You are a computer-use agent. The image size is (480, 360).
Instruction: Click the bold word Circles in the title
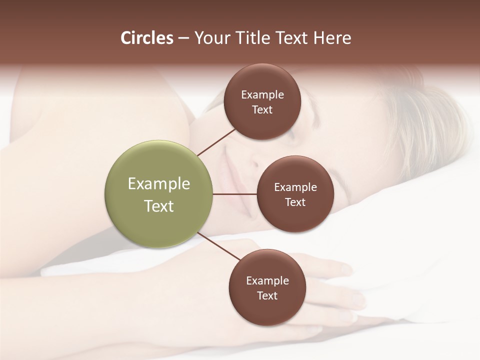coord(146,38)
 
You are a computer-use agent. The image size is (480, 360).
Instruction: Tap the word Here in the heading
coord(332,38)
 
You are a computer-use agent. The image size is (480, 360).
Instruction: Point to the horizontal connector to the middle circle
coord(234,194)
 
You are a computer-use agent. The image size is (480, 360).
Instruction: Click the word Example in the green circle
coord(159,184)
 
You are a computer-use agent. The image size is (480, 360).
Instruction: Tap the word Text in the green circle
coord(159,206)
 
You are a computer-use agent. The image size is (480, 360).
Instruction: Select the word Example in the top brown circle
coord(262,95)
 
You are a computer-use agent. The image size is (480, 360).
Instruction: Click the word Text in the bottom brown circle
coord(267,296)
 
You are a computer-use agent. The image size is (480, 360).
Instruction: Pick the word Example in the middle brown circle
coord(295,187)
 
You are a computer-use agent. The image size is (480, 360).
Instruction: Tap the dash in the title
coord(183,38)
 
